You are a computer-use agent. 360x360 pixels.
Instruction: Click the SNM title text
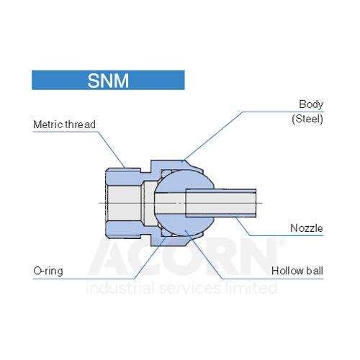pyautogui.click(x=108, y=81)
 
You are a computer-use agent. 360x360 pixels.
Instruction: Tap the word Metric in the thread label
pyautogui.click(x=48, y=125)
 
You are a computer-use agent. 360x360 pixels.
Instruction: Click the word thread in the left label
pyautogui.click(x=81, y=125)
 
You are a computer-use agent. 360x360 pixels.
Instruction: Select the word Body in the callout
pyautogui.click(x=311, y=104)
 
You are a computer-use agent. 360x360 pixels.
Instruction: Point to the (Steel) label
pyautogui.click(x=307, y=119)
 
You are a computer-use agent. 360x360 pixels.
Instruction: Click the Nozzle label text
pyautogui.click(x=307, y=228)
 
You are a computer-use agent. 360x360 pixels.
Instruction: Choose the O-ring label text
pyautogui.click(x=48, y=271)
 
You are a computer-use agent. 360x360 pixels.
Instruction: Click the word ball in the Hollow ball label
pyautogui.click(x=315, y=271)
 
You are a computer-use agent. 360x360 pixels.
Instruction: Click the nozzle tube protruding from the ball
pyautogui.click(x=221, y=203)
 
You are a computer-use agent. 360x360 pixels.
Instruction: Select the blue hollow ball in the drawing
pyautogui.click(x=184, y=203)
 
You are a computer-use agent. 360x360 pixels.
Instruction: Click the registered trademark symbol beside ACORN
pyautogui.click(x=282, y=242)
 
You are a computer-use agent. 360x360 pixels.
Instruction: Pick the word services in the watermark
pyautogui.click(x=190, y=289)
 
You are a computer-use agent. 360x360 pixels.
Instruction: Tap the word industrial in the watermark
pyautogui.click(x=120, y=287)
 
